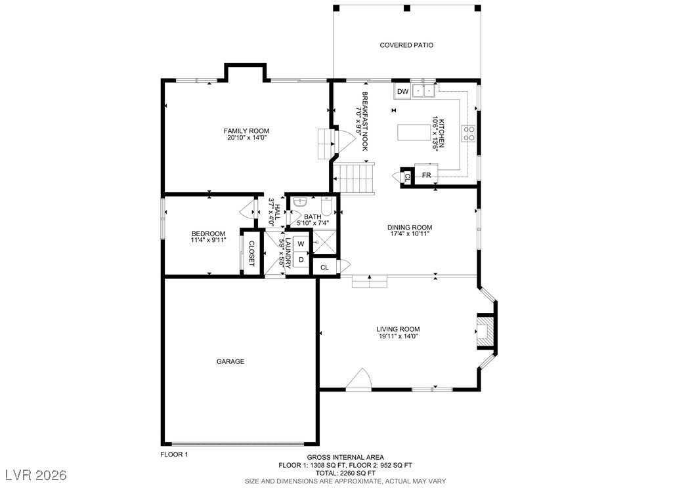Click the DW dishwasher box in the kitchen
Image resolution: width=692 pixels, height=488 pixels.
[402, 92]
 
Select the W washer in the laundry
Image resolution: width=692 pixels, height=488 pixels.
[301, 244]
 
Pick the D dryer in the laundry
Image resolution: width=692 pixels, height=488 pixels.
[301, 260]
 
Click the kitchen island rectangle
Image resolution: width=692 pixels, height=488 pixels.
[414, 132]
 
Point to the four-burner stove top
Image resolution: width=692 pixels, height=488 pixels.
[469, 134]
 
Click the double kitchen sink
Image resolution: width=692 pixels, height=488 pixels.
[423, 91]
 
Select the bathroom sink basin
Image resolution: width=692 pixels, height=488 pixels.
[300, 202]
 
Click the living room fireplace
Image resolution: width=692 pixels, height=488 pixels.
[485, 331]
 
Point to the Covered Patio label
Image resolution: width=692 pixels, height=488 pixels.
[406, 45]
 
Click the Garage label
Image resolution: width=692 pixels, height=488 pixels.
[230, 361]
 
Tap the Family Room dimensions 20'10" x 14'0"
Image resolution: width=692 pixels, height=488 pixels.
[246, 138]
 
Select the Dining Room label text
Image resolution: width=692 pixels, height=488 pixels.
[410, 228]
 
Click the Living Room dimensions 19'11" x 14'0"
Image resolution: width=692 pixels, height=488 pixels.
[398, 336]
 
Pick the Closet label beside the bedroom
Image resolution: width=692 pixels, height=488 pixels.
[251, 253]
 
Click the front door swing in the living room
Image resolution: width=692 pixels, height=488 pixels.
[358, 380]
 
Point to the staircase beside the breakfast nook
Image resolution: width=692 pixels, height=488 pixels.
[354, 178]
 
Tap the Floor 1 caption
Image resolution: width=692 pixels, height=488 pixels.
[174, 454]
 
